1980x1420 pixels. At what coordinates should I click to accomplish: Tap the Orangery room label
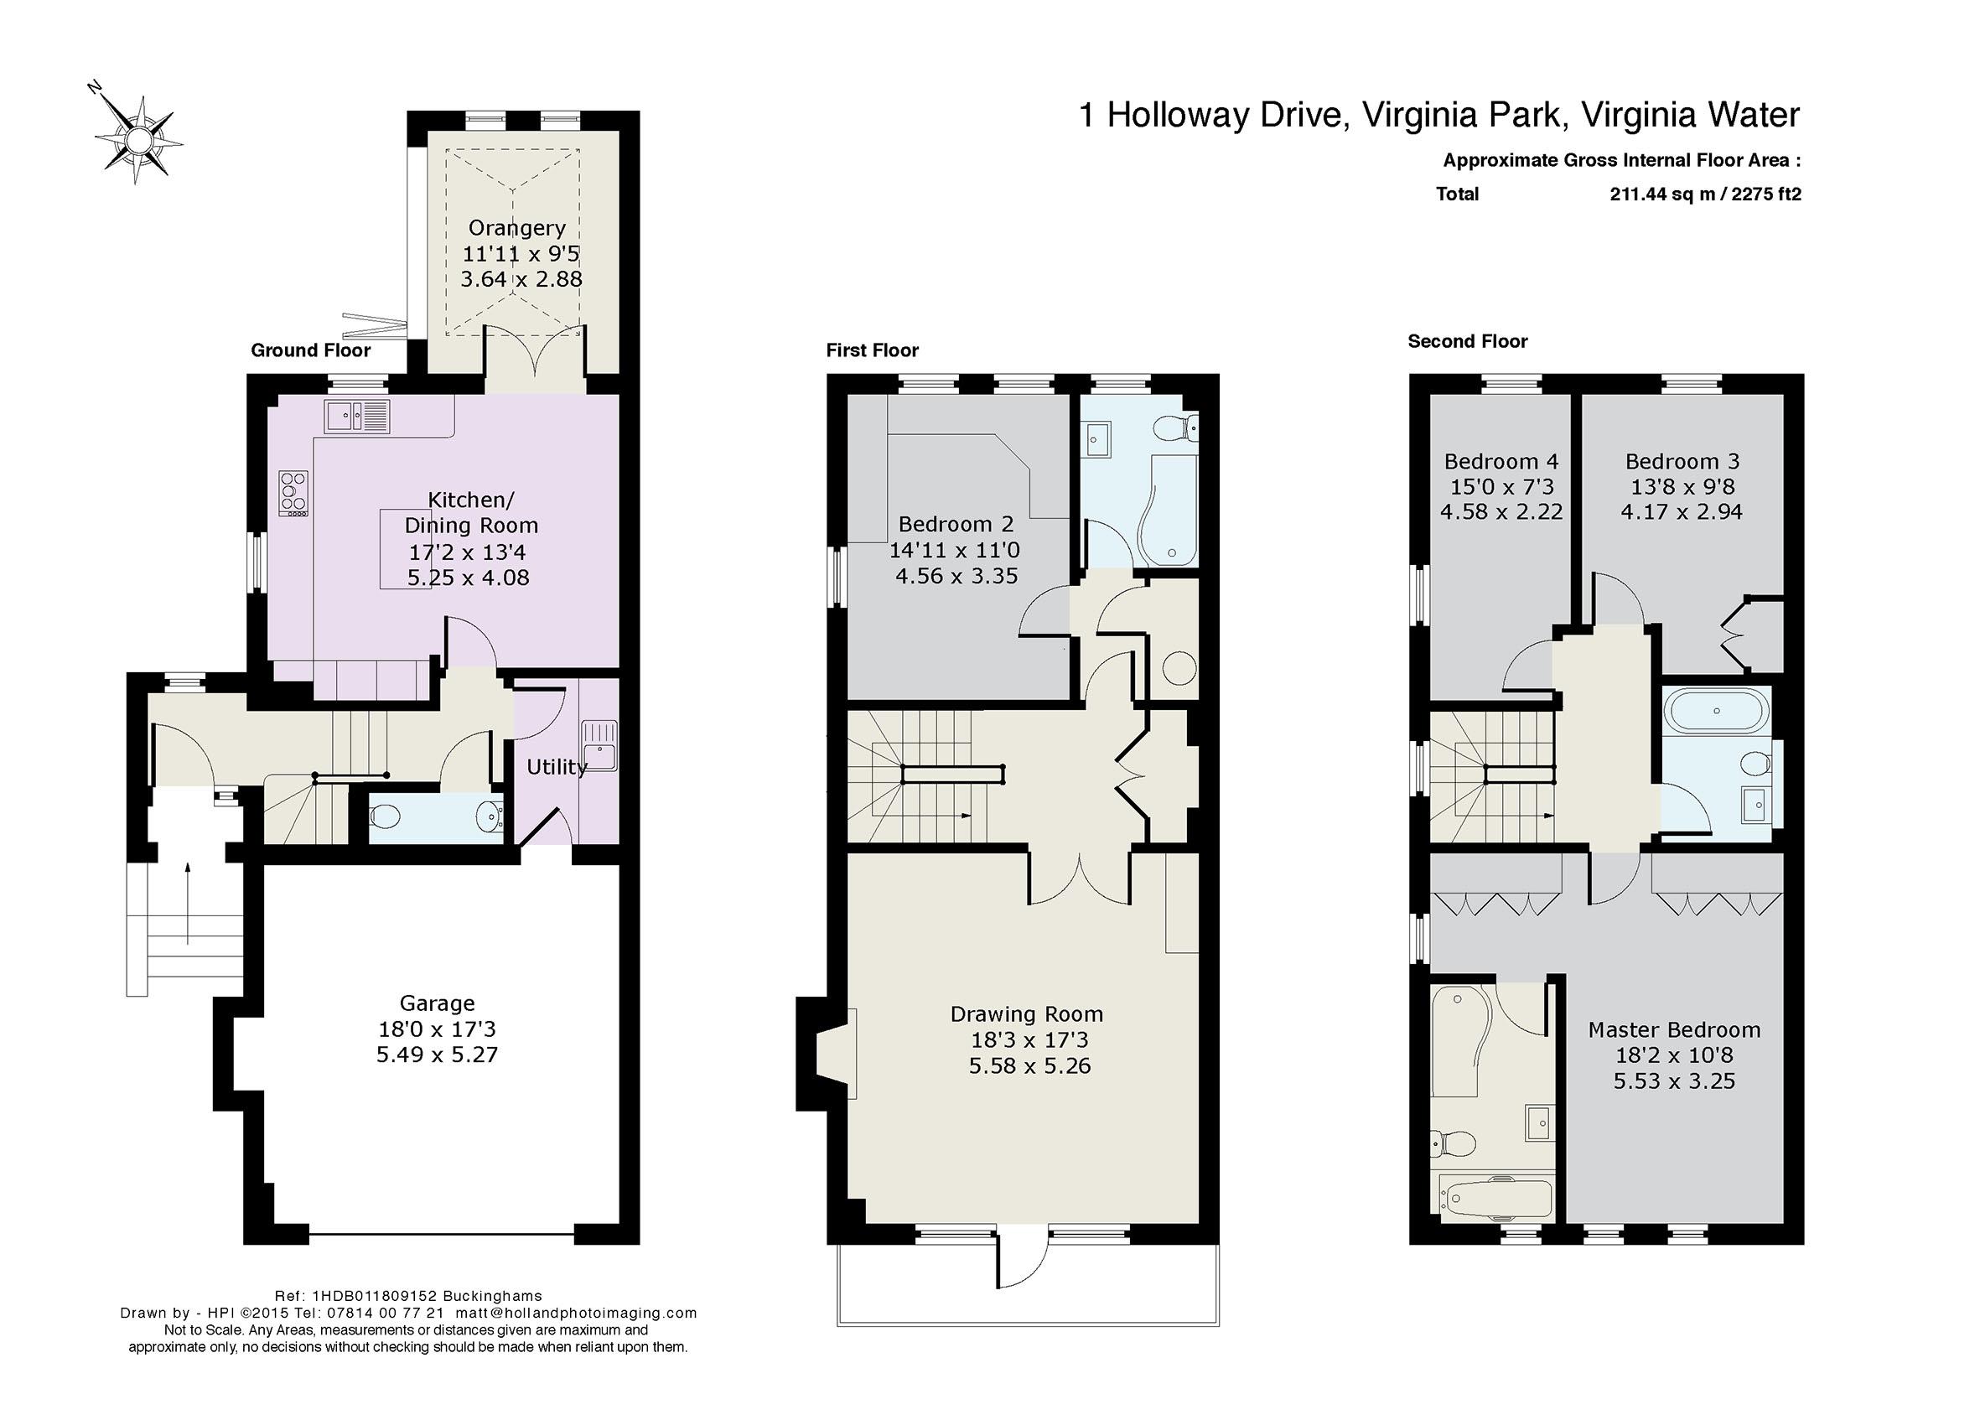[x=517, y=228]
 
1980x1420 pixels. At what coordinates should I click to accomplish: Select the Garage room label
[x=438, y=1003]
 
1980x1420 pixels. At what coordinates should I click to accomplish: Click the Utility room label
[x=557, y=767]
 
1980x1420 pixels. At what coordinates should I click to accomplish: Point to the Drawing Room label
[x=1027, y=1014]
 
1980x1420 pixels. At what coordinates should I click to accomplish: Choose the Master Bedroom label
[x=1673, y=1030]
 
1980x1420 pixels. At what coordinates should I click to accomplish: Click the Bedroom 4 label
[x=1501, y=461]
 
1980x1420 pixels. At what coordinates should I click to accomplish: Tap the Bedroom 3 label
[x=1682, y=461]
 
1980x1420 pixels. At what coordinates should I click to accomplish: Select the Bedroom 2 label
[x=956, y=524]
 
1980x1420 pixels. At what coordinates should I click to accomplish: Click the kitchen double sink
[x=357, y=417]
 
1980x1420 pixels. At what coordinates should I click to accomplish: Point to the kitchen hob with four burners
[x=293, y=494]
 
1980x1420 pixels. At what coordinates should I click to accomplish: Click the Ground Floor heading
[x=311, y=350]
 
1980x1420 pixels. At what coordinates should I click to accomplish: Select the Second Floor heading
[x=1468, y=341]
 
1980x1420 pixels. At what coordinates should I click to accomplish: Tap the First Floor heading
[x=872, y=350]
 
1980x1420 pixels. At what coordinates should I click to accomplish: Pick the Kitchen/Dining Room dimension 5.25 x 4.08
[x=468, y=577]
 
